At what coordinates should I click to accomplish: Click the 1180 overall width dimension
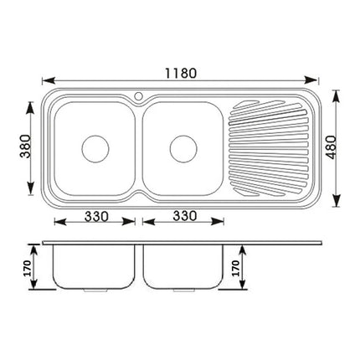point(181,72)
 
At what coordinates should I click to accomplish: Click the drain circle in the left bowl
point(94,148)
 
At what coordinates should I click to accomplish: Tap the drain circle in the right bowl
point(182,148)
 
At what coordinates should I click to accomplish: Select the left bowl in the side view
point(93,266)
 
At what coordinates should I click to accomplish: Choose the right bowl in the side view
point(181,266)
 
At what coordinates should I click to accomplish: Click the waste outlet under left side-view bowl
point(94,290)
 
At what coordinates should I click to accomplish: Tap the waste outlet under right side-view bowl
point(182,290)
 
